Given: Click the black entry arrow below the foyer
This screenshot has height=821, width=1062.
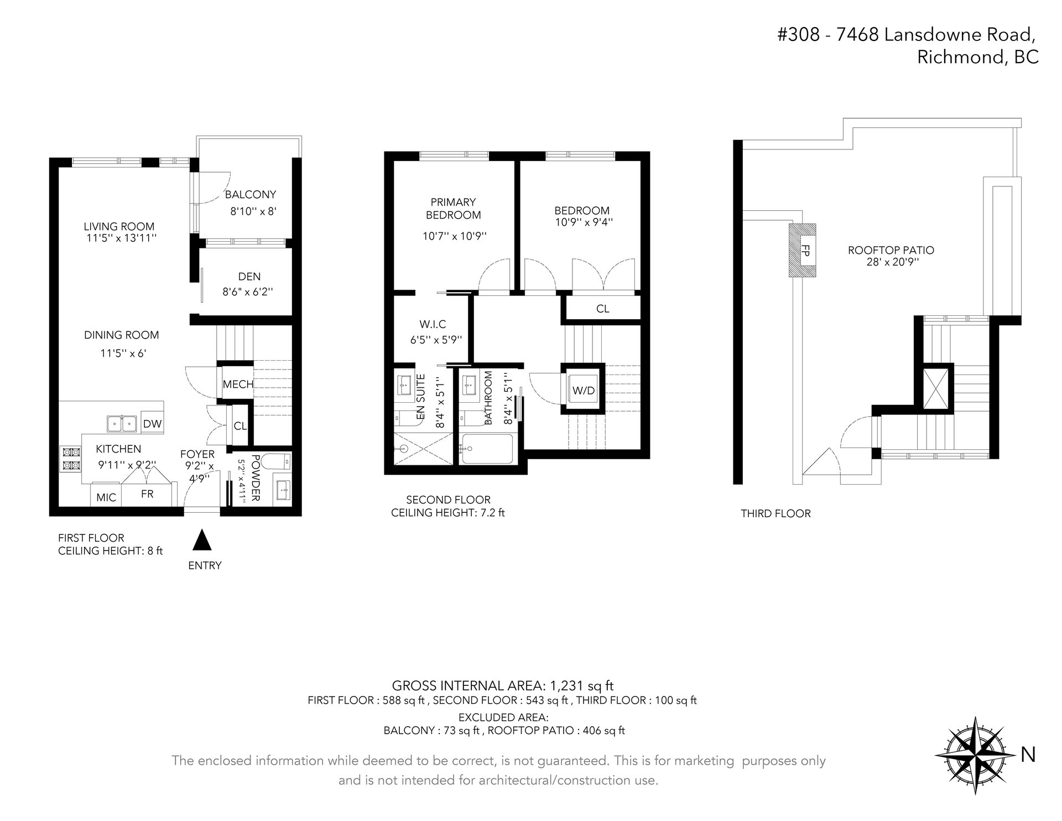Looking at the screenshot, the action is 202,540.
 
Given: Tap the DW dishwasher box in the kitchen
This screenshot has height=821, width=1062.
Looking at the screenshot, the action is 152,424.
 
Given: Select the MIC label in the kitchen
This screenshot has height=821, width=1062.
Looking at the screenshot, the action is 106,497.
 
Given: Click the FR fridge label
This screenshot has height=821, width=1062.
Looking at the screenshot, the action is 147,494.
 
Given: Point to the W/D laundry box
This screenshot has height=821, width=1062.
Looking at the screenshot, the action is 583,389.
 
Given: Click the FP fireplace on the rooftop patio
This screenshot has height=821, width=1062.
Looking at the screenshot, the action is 803,250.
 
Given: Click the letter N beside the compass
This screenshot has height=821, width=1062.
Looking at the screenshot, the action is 1028,755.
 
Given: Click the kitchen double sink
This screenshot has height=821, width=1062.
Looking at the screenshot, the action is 122,424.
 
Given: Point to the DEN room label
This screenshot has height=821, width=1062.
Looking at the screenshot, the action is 249,277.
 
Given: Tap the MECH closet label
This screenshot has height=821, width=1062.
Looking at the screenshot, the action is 238,384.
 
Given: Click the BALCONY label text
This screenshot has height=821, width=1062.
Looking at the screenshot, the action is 250,195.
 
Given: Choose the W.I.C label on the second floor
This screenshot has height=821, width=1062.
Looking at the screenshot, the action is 433,325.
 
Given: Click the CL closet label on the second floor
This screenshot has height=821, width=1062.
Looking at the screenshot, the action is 603,309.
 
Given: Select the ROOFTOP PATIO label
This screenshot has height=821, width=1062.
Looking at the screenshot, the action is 891,250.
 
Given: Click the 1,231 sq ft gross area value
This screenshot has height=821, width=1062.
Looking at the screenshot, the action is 581,685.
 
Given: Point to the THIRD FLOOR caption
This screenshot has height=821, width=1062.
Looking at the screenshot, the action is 776,513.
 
